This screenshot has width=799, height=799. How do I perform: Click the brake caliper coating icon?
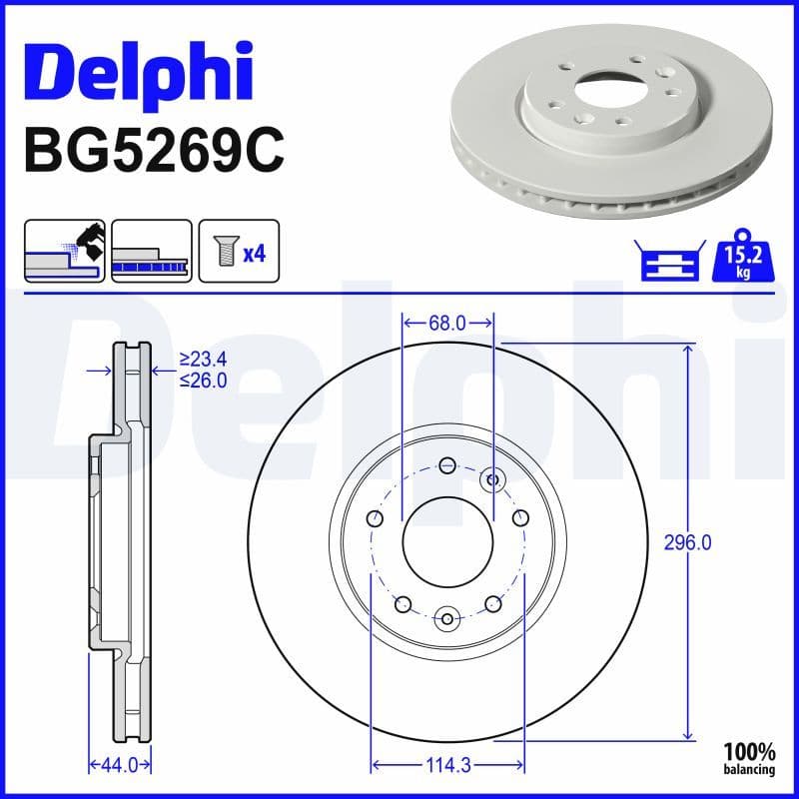[64, 251]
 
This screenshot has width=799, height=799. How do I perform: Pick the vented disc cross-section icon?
[151, 251]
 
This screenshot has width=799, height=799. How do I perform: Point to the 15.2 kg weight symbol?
[741, 260]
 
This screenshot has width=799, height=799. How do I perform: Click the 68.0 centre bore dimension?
[447, 324]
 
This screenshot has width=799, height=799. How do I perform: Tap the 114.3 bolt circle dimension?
[447, 765]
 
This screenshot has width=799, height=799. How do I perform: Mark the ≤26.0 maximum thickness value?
[203, 380]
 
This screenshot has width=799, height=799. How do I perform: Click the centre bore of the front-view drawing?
[447, 541]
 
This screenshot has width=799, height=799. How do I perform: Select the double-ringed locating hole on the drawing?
[491, 479]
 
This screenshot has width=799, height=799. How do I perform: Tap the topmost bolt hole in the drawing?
[447, 464]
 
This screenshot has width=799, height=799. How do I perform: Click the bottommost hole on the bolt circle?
[447, 616]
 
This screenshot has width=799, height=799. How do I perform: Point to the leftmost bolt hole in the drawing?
[375, 518]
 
